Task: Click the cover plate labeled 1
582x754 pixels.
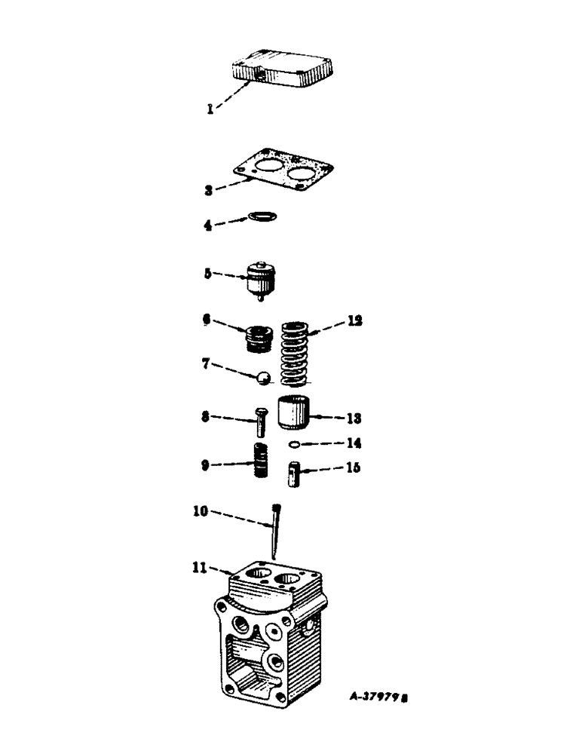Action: click(x=283, y=66)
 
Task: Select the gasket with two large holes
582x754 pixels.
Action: click(x=283, y=173)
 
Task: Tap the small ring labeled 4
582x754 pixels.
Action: click(x=262, y=217)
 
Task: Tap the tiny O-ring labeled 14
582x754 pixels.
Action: click(x=298, y=444)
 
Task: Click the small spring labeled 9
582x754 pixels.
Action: click(x=261, y=460)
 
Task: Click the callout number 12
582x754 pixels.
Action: click(x=354, y=321)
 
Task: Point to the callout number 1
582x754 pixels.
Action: click(x=211, y=108)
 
